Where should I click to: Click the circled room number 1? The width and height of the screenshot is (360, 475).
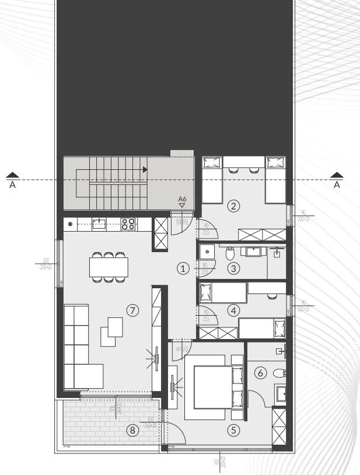(183, 268)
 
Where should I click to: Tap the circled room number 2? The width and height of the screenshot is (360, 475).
(233, 205)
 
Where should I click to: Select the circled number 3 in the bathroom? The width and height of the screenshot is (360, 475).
(233, 269)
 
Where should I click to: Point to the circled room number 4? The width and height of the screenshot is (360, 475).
(233, 310)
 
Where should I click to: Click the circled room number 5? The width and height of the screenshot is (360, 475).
(233, 430)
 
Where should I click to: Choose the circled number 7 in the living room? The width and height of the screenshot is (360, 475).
(134, 310)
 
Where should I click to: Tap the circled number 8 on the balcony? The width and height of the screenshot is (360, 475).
(133, 430)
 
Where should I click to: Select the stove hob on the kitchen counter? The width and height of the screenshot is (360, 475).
(128, 223)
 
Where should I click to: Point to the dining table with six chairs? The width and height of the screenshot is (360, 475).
(109, 267)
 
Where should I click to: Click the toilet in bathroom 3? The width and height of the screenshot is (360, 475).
(230, 253)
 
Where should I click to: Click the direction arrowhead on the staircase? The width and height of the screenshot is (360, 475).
(145, 169)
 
